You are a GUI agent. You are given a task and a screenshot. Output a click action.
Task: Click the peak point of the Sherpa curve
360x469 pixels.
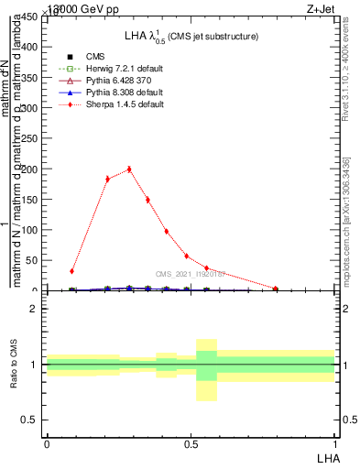[x=129, y=169]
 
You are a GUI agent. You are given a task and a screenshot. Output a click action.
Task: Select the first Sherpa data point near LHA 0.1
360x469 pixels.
[x=71, y=271]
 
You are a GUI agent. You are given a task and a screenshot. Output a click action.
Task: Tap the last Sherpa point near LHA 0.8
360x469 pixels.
[x=276, y=289]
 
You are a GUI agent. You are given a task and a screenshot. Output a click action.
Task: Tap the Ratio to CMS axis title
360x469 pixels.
[x=15, y=365]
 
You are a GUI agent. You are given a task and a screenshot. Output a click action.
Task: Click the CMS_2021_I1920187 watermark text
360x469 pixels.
[x=191, y=273]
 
